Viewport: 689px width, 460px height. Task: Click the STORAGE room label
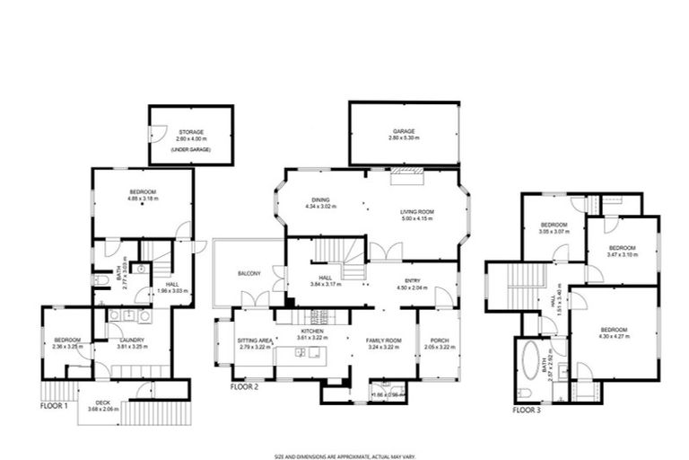[190, 131]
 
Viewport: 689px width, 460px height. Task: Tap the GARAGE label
[403, 131]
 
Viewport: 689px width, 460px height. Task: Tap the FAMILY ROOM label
[381, 340]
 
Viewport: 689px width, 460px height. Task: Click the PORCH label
[440, 340]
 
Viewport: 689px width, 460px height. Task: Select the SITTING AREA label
[254, 341]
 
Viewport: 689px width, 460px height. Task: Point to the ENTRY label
[414, 280]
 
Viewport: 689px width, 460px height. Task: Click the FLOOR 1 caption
[55, 405]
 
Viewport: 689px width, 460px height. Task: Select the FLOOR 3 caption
[527, 410]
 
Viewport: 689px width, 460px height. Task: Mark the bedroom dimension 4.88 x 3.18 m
[143, 199]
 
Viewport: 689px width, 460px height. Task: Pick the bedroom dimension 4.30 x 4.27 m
[615, 336]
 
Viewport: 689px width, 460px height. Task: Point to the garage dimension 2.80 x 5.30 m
[403, 139]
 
